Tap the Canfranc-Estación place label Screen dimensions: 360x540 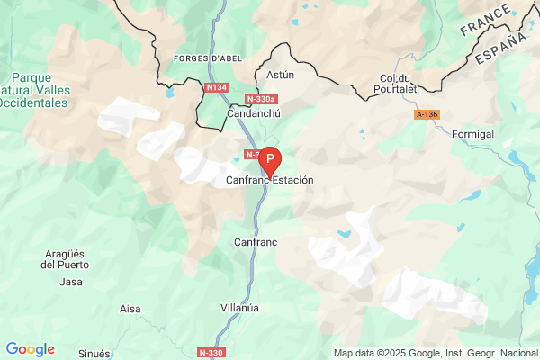[x=269, y=180]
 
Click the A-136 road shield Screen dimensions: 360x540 [x=428, y=115]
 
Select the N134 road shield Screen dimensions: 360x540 [x=215, y=87]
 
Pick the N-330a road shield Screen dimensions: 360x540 [x=261, y=99]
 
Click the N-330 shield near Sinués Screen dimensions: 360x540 [x=211, y=352]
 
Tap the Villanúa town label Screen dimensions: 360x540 [x=239, y=307]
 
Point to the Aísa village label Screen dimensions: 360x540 [x=130, y=309]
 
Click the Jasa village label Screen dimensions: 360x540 [x=70, y=282]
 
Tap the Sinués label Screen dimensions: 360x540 [x=94, y=354]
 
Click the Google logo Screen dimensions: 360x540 [x=30, y=349]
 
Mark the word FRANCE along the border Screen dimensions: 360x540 [x=486, y=19]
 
